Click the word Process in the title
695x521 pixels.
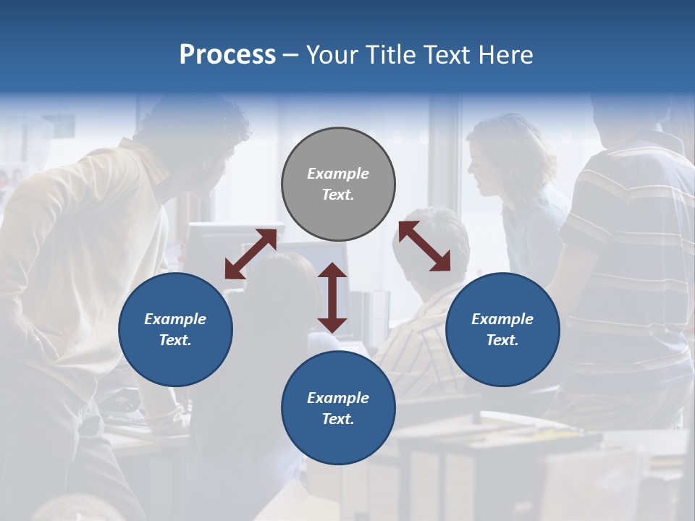[227, 55]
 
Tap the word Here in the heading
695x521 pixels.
[505, 55]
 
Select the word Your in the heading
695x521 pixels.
[332, 55]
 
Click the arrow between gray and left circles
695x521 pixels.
[250, 254]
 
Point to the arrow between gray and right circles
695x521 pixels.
[424, 247]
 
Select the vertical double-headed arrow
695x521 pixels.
[332, 297]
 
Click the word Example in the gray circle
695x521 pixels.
[338, 174]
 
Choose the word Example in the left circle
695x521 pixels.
[175, 319]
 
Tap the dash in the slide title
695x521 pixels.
[291, 56]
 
